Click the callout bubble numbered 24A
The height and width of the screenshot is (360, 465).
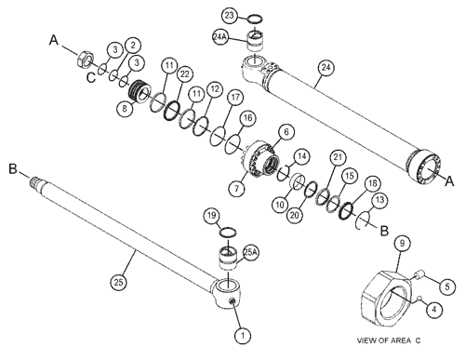(220, 37)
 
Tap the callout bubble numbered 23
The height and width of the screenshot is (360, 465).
(230, 15)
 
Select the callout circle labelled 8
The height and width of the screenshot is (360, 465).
(125, 109)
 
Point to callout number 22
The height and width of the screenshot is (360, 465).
(185, 74)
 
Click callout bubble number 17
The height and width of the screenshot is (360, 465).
(235, 98)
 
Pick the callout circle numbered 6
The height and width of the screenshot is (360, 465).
(286, 132)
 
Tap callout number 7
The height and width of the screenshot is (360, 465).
(237, 188)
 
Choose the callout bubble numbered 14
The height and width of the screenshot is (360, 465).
(301, 156)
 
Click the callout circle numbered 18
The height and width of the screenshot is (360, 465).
(372, 183)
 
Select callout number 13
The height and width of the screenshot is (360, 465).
(379, 200)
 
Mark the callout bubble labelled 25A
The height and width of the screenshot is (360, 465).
(250, 252)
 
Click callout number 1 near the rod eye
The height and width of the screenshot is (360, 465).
(243, 335)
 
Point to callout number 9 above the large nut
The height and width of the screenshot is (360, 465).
(402, 244)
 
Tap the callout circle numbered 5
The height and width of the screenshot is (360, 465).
(446, 287)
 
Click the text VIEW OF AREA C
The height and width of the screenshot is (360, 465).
(389, 340)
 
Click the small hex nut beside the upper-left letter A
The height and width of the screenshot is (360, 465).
(85, 59)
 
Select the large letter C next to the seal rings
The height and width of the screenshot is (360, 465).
(91, 77)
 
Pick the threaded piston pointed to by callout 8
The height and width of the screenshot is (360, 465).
(139, 91)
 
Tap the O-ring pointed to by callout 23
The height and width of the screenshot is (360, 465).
(256, 20)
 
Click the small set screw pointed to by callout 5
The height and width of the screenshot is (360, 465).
(419, 274)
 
